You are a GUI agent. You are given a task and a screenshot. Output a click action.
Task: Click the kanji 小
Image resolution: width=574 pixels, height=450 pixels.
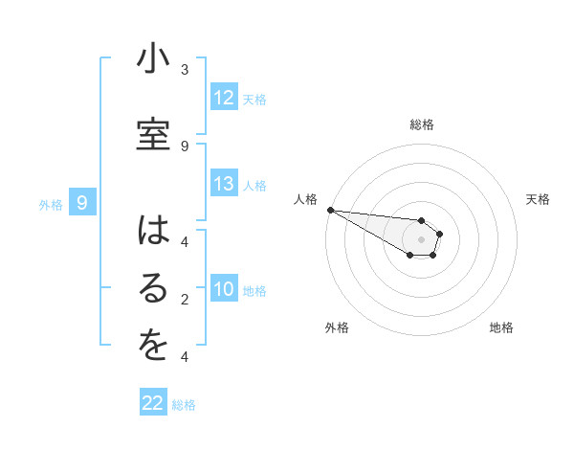tap(153, 60)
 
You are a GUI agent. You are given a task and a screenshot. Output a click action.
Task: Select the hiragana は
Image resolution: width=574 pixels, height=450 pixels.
tap(153, 231)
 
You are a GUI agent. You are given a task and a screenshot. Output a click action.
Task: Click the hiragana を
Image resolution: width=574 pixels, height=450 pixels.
tap(153, 347)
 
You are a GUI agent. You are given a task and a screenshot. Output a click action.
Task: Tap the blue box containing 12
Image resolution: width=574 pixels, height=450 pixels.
tap(224, 98)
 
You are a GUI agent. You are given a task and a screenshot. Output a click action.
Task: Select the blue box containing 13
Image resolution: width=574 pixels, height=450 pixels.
tap(224, 184)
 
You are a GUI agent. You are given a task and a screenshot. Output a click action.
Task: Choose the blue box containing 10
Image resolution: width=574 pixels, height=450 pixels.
tap(224, 289)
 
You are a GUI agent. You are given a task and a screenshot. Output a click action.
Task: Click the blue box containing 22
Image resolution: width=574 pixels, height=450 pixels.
tap(153, 403)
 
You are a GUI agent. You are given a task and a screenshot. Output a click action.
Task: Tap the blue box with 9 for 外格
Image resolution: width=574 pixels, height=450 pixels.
tap(82, 202)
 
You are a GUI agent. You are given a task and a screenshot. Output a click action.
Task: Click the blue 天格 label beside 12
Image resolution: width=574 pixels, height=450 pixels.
tap(254, 99)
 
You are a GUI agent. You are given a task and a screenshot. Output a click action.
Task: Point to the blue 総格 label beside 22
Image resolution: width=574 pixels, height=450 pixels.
tap(184, 405)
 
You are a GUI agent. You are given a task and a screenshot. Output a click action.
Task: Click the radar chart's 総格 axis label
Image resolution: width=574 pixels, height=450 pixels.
tap(422, 124)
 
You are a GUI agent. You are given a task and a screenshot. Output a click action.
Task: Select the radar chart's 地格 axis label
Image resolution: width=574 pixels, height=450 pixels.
tap(501, 327)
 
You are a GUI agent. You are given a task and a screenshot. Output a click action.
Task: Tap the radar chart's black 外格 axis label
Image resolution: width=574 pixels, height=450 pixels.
tap(337, 327)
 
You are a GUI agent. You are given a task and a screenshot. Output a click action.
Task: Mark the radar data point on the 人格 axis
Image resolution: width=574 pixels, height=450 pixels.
tap(330, 210)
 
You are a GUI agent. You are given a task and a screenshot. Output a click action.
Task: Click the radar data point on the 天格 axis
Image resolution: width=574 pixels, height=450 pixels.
tap(440, 234)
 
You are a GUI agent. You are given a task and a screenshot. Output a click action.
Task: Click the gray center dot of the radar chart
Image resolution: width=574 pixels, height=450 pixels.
tap(422, 239)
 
